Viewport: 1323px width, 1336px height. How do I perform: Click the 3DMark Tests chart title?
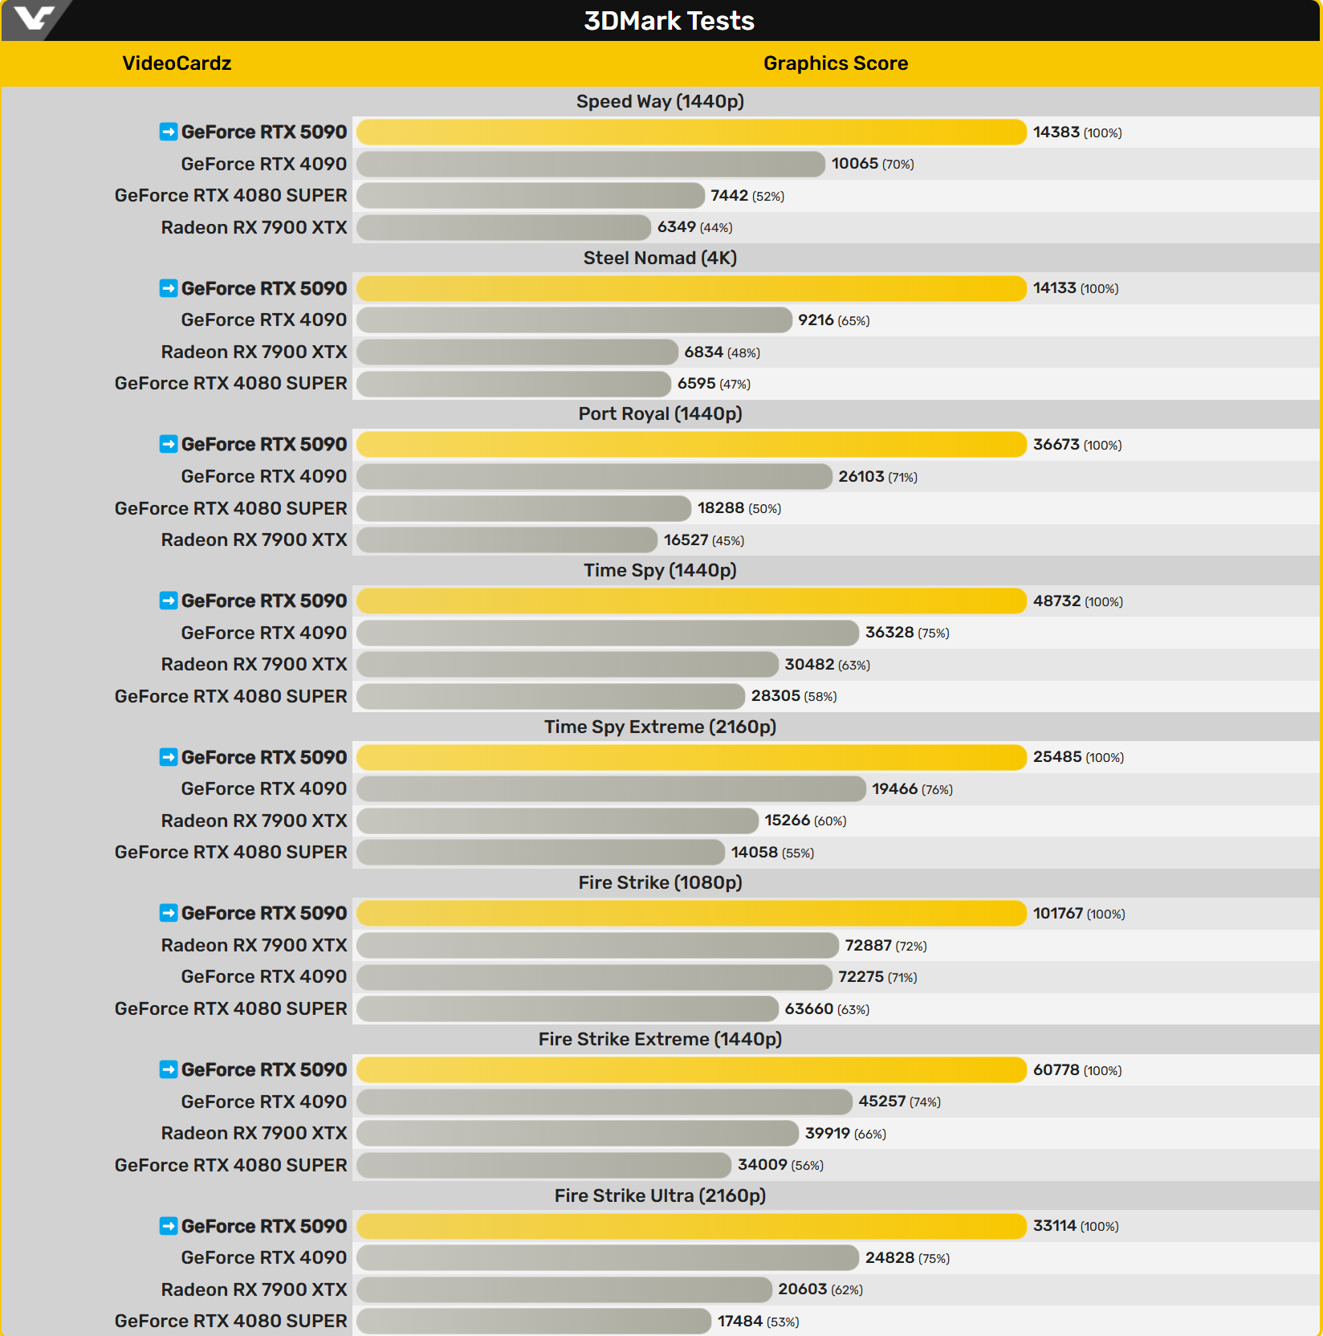669,21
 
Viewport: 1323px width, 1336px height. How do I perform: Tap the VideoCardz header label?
177,63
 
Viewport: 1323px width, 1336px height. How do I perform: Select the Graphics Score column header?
835,63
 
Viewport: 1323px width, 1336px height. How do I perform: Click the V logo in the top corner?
34,18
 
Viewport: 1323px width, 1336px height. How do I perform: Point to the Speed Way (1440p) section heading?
660,102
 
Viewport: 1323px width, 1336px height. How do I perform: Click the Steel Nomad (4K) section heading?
660,258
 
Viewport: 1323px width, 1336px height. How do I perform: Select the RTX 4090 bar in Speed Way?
590,164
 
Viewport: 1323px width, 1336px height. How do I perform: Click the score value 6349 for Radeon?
676,227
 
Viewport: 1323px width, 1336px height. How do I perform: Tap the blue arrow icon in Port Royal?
169,444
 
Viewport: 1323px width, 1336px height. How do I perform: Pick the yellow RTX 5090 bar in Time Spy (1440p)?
690,601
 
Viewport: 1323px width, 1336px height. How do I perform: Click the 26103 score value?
861,477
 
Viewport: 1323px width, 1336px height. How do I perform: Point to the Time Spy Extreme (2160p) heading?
660,727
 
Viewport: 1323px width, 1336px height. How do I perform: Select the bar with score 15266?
557,821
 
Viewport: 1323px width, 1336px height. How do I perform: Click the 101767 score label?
1057,914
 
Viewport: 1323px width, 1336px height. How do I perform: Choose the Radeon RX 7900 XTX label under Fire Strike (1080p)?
254,945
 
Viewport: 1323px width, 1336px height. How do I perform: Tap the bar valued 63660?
567,1009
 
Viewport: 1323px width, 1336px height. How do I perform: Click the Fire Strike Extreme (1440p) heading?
660,1039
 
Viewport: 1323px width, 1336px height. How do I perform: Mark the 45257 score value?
881,1102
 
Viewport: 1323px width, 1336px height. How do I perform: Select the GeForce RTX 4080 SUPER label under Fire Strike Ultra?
230,1321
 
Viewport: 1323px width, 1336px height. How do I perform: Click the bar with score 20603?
564,1289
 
